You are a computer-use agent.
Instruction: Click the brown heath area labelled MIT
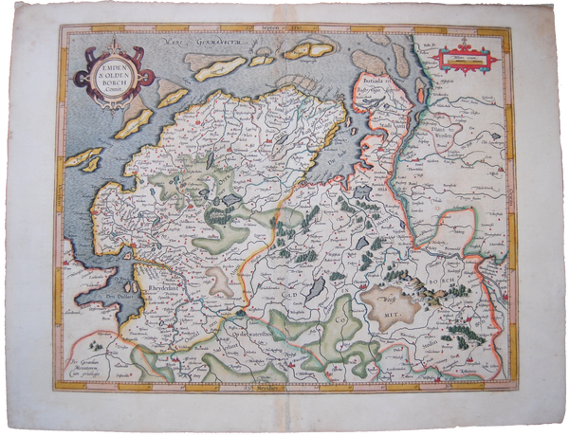[x=391, y=307]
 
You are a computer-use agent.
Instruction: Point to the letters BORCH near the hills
[x=454, y=282]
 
